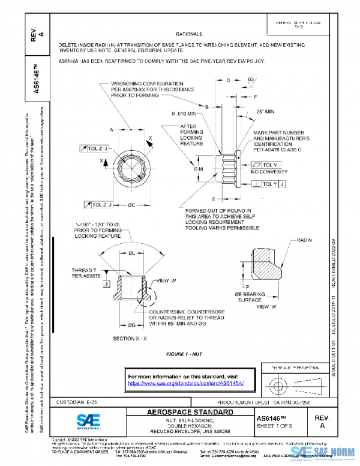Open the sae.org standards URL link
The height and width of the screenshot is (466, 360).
pos(190,383)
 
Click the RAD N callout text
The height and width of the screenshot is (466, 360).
pos(305,240)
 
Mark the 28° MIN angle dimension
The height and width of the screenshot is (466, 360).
pos(265,112)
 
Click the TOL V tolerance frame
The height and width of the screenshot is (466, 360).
pos(266,165)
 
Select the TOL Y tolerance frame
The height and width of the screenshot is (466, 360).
pos(270,183)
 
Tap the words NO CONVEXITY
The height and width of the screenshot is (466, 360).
pos(271,172)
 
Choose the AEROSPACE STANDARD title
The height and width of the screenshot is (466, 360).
pos(191,413)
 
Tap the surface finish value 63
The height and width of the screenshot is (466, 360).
pos(251,79)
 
